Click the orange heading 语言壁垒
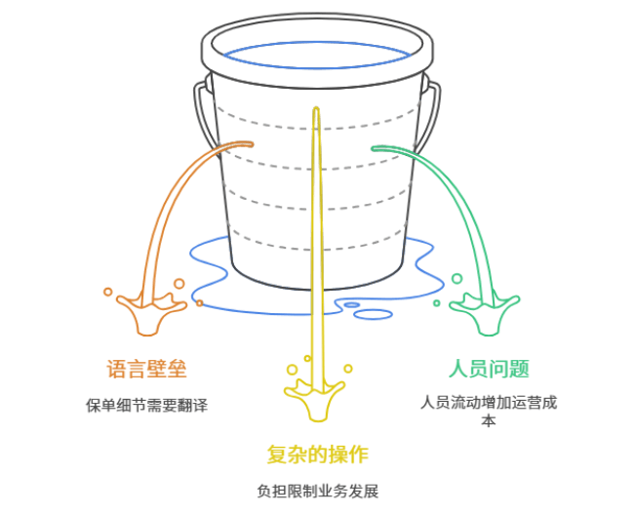[146, 369]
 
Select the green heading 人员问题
[488, 369]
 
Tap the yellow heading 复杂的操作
[317, 455]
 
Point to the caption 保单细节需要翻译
[146, 405]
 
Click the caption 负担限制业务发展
[317, 491]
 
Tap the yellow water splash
[315, 399]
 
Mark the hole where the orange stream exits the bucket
[249, 144]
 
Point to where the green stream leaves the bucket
[375, 148]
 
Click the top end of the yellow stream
[315, 110]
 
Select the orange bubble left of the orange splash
[107, 291]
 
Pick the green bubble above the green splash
[457, 279]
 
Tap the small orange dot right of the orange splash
[200, 303]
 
